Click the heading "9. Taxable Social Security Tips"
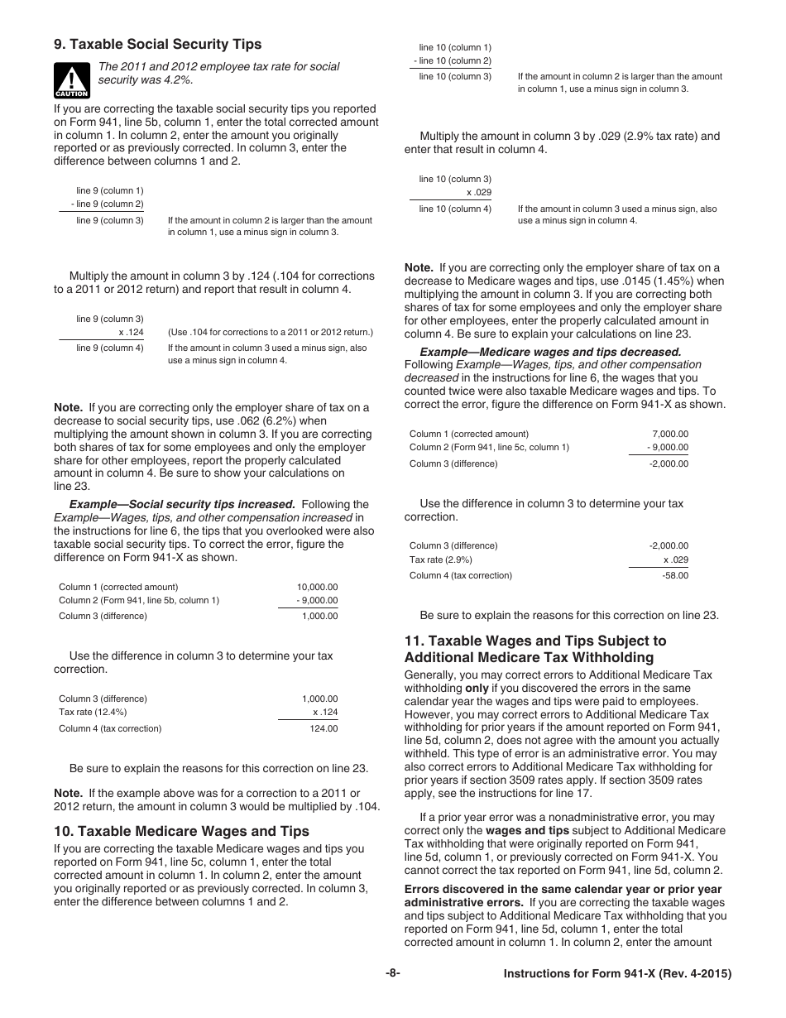(x=158, y=45)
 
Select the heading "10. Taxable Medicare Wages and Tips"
(x=181, y=831)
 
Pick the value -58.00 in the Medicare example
(x=675, y=575)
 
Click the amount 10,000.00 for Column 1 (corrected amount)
(x=317, y=587)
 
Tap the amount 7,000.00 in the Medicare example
(x=670, y=434)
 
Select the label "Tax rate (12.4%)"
(x=93, y=712)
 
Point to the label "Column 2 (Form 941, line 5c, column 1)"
(x=489, y=447)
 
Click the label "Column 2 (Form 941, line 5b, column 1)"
(x=139, y=600)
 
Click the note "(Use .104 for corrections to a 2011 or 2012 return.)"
(x=271, y=333)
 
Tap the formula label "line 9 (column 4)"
(x=109, y=348)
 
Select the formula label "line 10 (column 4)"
(x=454, y=209)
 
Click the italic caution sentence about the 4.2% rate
(x=218, y=73)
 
